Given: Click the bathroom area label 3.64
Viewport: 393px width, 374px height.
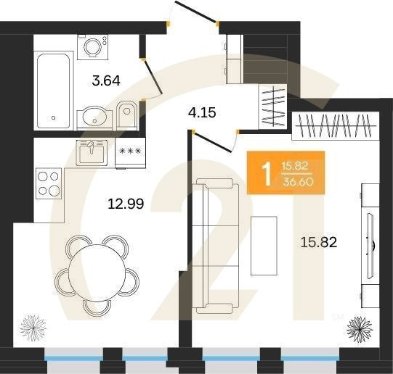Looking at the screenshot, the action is click(106, 80).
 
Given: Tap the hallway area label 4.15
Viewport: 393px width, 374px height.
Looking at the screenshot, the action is click(202, 113).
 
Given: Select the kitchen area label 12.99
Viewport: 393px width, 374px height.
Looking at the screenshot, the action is click(126, 204).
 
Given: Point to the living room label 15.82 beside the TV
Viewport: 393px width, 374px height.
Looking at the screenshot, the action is click(319, 242).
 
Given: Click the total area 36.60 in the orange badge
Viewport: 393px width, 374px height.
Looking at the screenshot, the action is click(298, 182).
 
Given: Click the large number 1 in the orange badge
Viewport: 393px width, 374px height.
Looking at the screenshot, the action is click(267, 174).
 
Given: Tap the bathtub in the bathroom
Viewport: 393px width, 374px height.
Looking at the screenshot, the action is click(53, 91).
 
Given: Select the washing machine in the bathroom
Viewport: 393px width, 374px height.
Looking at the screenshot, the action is click(93, 47).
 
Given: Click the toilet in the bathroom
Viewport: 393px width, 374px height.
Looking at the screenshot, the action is click(127, 115).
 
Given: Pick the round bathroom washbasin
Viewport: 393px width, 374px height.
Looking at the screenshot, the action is click(94, 118).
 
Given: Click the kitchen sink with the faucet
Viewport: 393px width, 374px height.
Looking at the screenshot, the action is click(92, 153).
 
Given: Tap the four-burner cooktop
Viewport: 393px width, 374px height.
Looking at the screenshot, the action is click(49, 183).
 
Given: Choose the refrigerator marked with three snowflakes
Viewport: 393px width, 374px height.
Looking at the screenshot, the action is click(130, 153).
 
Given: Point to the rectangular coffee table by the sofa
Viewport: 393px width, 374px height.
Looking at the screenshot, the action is click(264, 246).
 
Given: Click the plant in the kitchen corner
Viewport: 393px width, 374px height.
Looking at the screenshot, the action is click(33, 328).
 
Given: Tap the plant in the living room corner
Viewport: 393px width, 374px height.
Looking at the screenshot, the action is click(360, 329).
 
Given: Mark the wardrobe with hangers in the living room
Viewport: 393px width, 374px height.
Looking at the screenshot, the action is click(336, 125).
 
